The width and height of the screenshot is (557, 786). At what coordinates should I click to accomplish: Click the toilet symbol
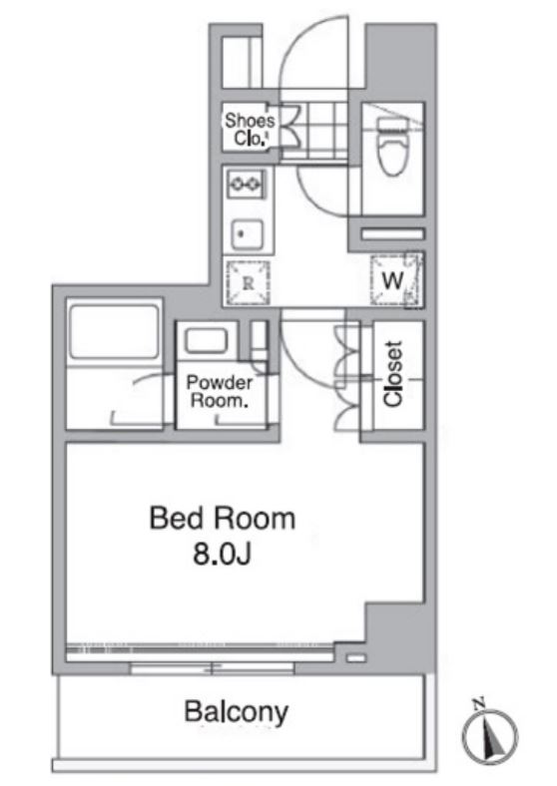tap(392, 146)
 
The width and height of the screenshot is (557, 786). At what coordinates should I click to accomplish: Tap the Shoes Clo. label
tap(250, 129)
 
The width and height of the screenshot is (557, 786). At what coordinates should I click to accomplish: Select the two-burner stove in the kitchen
tap(246, 184)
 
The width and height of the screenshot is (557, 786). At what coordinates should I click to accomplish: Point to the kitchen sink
tap(247, 234)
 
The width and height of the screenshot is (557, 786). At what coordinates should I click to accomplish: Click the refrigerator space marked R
tap(248, 282)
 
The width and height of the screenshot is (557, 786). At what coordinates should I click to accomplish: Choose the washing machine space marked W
tap(396, 280)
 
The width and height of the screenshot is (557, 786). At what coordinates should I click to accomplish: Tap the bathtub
tap(114, 330)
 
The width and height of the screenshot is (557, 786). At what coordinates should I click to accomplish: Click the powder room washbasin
tap(206, 341)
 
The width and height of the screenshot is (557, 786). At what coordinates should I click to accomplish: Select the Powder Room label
tap(220, 391)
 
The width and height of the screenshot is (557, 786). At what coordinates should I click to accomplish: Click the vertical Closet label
tap(393, 373)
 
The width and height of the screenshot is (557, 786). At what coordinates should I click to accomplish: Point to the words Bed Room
tap(223, 518)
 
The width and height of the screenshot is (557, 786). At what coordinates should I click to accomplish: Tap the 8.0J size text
tap(222, 554)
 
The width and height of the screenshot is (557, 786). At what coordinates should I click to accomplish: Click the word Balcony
tap(236, 712)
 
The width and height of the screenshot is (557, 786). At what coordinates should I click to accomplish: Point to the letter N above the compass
tap(478, 704)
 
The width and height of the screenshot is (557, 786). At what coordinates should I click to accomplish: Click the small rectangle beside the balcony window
tap(356, 657)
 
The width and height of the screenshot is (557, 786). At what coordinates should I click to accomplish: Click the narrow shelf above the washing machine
tap(393, 233)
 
